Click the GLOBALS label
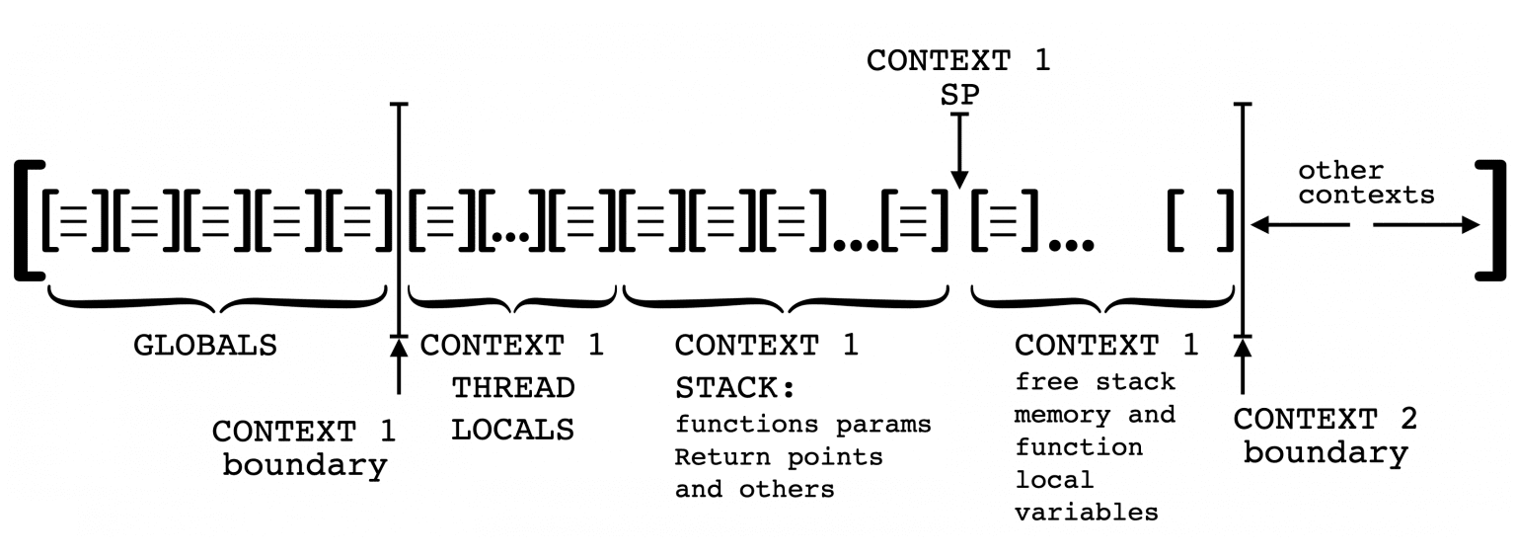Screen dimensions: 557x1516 205,346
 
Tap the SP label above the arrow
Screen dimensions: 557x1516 958,95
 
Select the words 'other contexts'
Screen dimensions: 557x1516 1366,184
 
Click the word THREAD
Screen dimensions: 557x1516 513,388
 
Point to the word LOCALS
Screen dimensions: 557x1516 513,430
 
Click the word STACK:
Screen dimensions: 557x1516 734,388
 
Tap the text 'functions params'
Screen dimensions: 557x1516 802,425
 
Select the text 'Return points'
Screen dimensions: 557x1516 778,457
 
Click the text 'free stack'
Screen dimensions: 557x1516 1095,382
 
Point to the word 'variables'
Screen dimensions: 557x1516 1086,512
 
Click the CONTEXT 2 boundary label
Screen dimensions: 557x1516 1325,436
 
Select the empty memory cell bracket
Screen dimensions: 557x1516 1200,219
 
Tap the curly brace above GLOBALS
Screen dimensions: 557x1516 215,297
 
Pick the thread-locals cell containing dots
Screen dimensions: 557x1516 513,219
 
